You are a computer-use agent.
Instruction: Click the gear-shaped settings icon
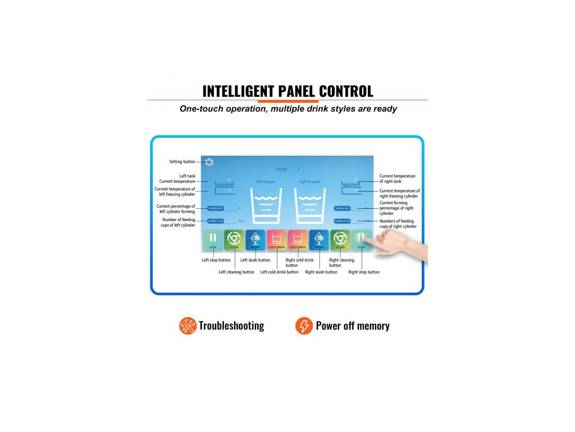pos(209,162)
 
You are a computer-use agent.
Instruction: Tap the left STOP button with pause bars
pos(213,240)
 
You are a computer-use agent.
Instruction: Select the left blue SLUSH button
pos(255,240)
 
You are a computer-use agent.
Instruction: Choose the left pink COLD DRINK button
pos(277,240)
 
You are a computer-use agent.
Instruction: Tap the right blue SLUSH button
pos(319,240)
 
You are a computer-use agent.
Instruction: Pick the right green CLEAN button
pos(340,240)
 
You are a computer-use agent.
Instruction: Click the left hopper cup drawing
pos(266,207)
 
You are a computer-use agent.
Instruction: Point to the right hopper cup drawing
pos(310,207)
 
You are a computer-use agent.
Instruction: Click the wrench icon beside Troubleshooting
pos(188,326)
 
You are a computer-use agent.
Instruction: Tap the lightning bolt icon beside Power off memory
pos(304,326)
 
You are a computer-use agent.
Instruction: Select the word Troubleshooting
pos(231,326)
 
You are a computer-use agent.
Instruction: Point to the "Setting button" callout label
pos(182,162)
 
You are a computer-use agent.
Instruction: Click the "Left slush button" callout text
pos(255,260)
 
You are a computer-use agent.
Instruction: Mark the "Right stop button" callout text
pos(364,272)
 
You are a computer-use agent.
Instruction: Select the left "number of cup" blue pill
pos(216,221)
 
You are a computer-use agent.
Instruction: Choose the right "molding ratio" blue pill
pos(343,208)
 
